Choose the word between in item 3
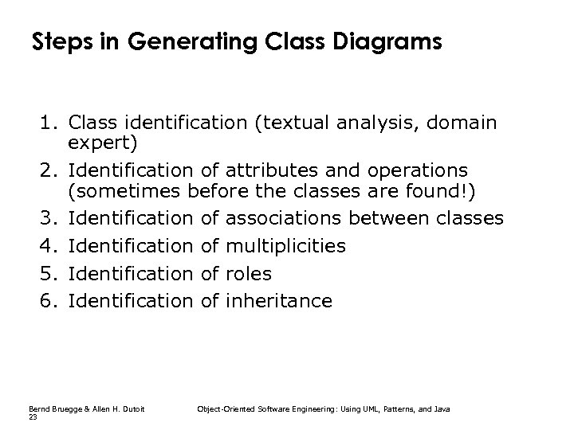(392, 218)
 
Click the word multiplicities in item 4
(286, 246)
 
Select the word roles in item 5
(249, 273)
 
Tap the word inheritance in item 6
(279, 301)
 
